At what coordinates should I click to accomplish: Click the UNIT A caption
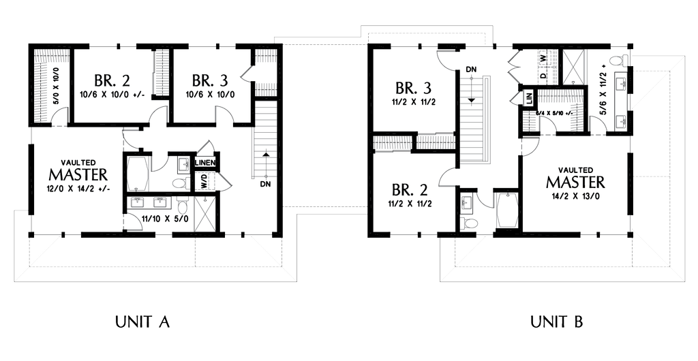141,321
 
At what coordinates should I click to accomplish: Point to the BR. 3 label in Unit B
414,89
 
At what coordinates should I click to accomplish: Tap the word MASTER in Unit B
575,183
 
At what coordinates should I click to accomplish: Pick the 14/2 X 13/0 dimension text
575,197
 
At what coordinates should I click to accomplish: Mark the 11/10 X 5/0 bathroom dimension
166,218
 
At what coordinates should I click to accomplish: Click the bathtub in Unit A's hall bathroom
139,174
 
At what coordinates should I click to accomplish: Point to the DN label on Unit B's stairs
471,69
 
